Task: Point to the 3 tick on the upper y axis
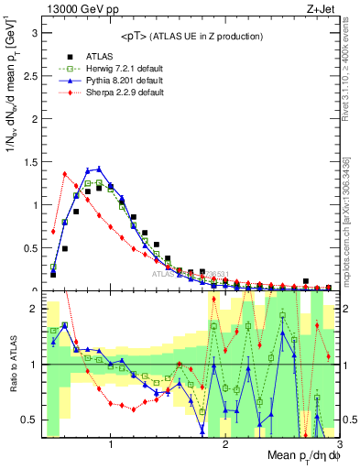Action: (34, 32)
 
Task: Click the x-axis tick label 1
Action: (111, 444)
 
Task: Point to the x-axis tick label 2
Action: (225, 444)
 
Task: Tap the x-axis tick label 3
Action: (338, 444)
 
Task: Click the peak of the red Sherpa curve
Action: (65, 173)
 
